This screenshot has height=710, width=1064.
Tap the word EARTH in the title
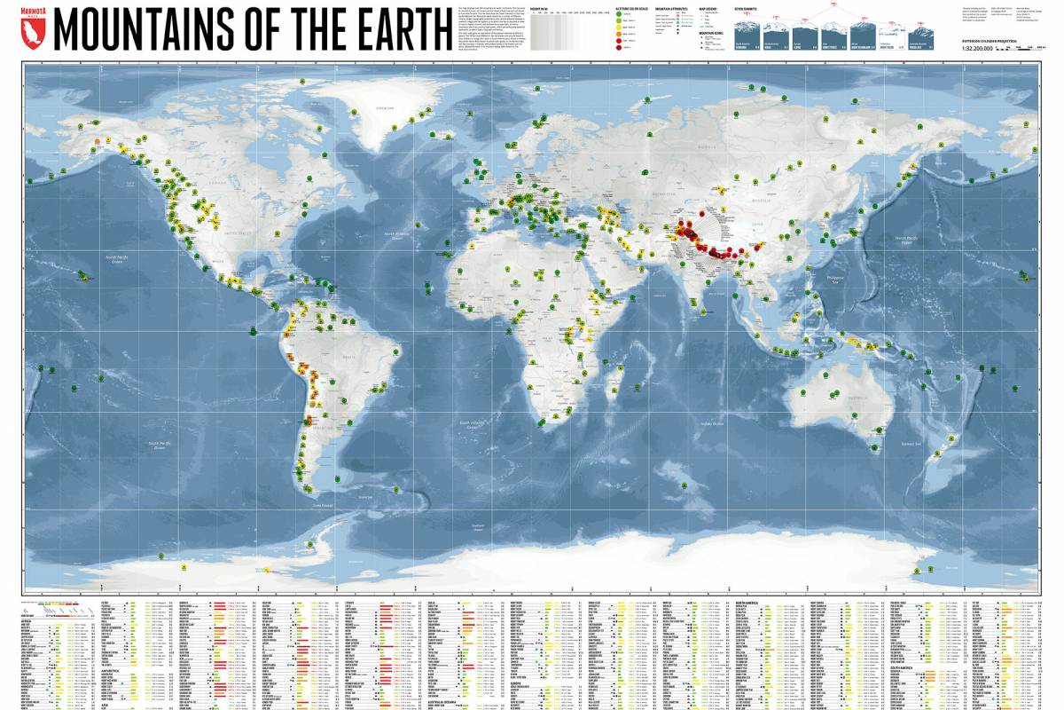pos(397,30)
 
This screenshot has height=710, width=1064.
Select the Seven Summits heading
pos(747,9)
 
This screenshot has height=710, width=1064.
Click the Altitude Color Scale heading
pos(632,9)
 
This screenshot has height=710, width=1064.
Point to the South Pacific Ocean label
pos(160,446)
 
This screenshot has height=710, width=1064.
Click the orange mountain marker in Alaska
pos(96,143)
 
